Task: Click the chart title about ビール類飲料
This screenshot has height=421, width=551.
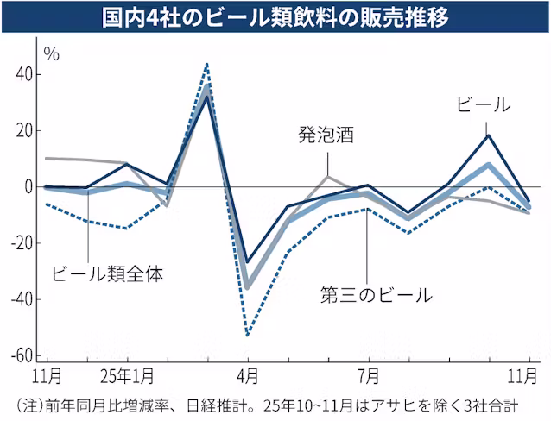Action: (275, 17)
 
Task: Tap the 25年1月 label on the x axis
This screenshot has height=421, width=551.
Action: (128, 377)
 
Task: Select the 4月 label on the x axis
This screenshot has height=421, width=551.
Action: (248, 377)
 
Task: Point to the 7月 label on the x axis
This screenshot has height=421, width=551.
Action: (369, 377)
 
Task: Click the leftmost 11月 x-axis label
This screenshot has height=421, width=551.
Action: (46, 377)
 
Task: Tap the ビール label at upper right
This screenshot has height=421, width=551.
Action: (483, 104)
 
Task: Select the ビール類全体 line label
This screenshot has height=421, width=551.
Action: (107, 275)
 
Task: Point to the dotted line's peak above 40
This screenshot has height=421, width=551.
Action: (207, 64)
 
